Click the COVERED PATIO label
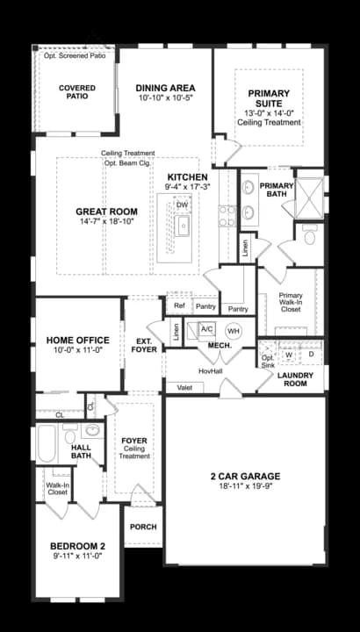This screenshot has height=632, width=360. [77, 92]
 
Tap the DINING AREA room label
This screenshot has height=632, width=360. [165, 88]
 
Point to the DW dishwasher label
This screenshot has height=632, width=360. [182, 205]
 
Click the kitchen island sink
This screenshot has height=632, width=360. [184, 226]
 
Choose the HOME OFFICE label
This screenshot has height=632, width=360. [78, 341]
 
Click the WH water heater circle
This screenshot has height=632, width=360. [233, 331]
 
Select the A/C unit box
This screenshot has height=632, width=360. [207, 329]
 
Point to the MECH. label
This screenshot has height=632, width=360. [219, 346]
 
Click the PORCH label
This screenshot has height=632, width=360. [142, 527]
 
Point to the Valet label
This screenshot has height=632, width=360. [184, 387]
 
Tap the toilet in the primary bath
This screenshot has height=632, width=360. [309, 236]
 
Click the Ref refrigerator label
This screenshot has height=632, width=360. [179, 306]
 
